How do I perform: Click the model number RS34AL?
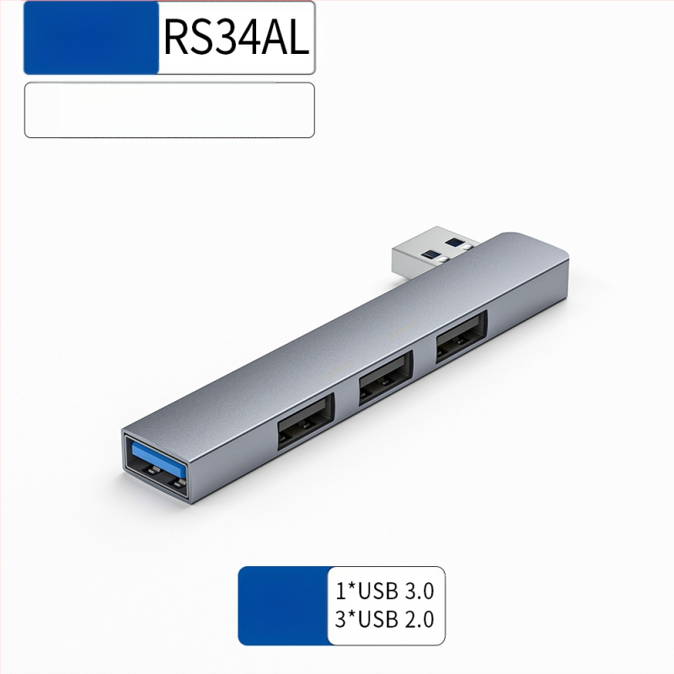[236, 38]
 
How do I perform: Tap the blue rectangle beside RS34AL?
[91, 38]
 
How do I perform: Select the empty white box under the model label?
[168, 110]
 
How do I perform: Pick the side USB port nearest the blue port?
[306, 422]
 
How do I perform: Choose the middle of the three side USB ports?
[386, 376]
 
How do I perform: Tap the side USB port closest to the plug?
[461, 335]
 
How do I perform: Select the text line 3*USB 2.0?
[385, 620]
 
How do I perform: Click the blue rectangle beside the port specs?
[283, 606]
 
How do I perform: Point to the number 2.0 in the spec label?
[418, 620]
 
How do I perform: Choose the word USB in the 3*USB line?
[377, 620]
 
